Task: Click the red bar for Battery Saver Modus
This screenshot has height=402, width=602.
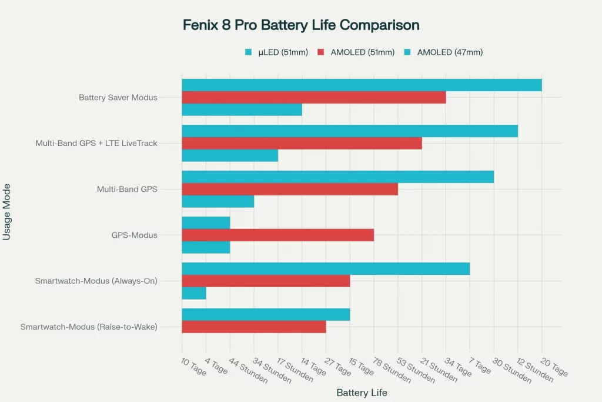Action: pos(313,97)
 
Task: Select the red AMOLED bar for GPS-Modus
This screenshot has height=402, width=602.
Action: pos(277,235)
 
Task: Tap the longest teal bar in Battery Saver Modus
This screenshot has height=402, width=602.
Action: pos(362,85)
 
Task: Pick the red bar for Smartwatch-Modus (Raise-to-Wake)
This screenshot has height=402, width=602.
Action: pos(253,327)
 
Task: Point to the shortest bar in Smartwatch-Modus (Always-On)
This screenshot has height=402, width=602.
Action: pos(194,293)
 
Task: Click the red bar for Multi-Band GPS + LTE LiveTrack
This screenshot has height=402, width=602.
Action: pos(302,143)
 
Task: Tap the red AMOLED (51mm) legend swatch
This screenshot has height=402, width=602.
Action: pos(321,52)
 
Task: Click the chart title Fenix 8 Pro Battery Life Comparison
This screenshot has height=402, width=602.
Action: pos(301,25)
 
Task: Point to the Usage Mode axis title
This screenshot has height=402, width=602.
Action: pos(8,212)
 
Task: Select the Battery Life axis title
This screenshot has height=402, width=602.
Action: pos(362,393)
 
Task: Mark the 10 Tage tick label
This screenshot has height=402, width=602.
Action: pos(194,366)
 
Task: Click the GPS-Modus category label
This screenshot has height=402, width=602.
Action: pos(134,235)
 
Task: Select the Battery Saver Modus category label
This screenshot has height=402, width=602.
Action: pos(118,97)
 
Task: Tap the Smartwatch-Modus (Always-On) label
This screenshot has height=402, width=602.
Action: pos(96,281)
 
